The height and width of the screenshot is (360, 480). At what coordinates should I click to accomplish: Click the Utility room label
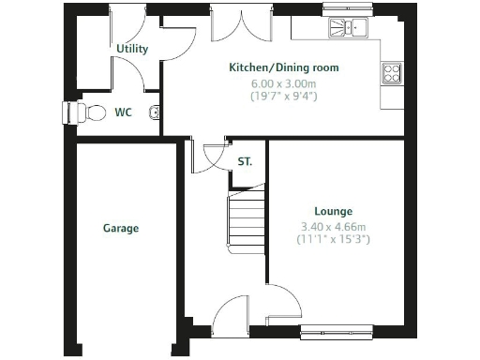133,48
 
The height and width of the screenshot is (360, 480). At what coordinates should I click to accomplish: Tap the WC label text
123,112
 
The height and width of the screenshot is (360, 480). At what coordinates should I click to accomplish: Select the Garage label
120,228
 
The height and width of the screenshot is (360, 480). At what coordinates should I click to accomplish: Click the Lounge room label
333,212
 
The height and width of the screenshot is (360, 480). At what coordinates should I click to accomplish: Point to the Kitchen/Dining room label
284,67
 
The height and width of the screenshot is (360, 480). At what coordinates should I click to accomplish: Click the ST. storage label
245,161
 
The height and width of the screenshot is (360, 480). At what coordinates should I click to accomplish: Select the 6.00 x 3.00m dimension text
283,82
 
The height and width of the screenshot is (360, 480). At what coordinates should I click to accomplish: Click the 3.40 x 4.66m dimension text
333,227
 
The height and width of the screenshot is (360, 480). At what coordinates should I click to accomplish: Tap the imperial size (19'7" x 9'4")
283,96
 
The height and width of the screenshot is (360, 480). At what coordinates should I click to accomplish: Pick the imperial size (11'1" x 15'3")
333,240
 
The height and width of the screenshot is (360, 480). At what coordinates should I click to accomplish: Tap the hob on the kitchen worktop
391,73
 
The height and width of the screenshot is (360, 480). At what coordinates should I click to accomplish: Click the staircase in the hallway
247,219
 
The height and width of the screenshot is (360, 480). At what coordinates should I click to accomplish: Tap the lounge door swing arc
285,302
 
